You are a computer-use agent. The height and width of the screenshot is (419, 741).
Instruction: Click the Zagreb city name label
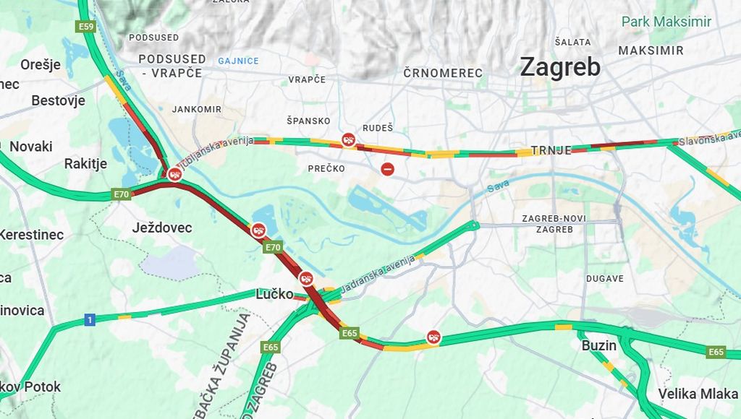point(560,67)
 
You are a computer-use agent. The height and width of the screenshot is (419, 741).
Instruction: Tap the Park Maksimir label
point(666,22)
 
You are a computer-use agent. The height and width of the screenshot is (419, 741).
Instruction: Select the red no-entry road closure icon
point(388,169)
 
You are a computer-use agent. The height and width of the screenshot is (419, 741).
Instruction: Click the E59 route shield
point(86,27)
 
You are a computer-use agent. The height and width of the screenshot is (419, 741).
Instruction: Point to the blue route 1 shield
point(90,320)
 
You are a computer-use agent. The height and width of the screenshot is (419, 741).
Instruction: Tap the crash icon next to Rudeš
point(349,139)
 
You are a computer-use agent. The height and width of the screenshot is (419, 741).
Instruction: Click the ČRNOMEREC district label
point(443,73)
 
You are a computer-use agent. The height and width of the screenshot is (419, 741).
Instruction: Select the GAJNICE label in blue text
point(238,61)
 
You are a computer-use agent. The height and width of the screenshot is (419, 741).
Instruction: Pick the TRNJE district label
point(551,150)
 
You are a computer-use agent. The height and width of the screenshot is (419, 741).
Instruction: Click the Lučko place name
point(274,294)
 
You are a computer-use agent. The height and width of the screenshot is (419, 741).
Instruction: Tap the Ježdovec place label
point(162,228)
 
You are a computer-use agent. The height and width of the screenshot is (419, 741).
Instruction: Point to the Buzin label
point(599,345)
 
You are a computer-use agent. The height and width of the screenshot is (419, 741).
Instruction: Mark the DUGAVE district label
point(604,278)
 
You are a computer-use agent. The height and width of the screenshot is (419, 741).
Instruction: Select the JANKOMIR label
point(197,109)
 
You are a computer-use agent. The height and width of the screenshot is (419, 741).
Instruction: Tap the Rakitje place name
point(85,164)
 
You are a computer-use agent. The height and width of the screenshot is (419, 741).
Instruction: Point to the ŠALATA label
point(572,42)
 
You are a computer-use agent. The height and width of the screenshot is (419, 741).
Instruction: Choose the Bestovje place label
point(58,100)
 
